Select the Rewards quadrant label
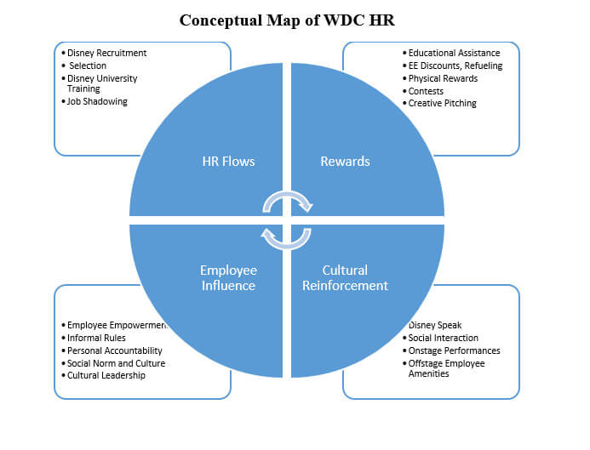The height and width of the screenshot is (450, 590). click(x=344, y=161)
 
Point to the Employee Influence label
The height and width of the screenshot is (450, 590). click(x=227, y=277)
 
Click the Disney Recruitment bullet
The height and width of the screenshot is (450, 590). click(x=106, y=53)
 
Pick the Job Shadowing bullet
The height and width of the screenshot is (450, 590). click(x=97, y=101)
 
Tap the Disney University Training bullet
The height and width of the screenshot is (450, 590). click(x=101, y=83)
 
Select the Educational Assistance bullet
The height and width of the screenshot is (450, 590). click(x=454, y=53)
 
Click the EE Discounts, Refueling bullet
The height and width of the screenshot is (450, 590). click(x=455, y=66)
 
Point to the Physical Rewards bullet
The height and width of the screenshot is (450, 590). click(x=443, y=78)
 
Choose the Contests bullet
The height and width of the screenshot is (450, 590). click(x=427, y=91)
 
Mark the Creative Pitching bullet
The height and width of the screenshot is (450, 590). click(x=443, y=103)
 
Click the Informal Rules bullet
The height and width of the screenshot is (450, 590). click(x=96, y=338)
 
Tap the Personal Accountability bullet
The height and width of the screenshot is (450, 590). click(x=115, y=350)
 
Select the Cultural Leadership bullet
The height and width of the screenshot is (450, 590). click(x=106, y=375)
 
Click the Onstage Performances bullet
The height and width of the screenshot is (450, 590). click(x=454, y=350)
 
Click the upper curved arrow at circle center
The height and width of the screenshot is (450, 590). click(x=287, y=201)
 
